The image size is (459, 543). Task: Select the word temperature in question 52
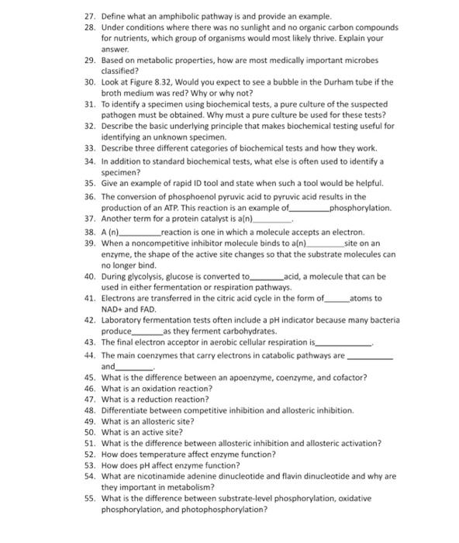coord(170,454)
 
